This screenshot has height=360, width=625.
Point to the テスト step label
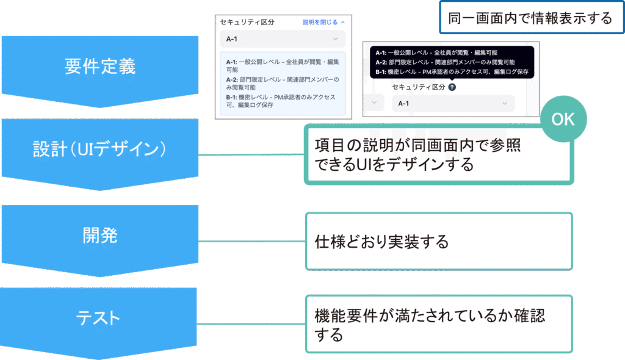click(98, 318)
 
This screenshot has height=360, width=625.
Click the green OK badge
click(563, 120)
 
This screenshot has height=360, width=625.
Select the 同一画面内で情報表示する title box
click(530, 18)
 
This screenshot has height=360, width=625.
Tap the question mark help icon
click(452, 87)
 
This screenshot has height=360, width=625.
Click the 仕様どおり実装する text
click(381, 242)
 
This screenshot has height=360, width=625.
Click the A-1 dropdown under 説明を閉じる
click(283, 39)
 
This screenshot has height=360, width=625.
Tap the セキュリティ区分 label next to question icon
click(419, 87)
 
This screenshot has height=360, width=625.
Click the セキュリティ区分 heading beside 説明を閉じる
click(248, 22)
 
